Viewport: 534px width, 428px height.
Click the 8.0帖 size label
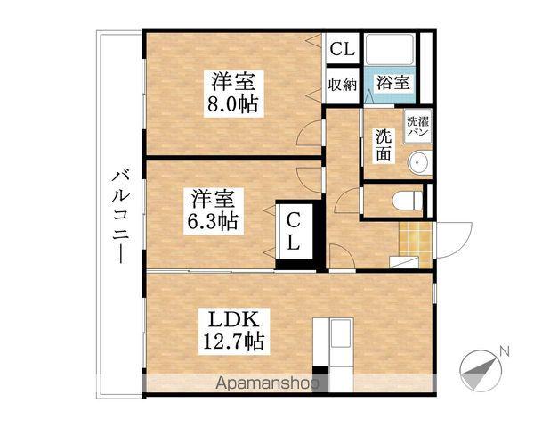[x=232, y=104]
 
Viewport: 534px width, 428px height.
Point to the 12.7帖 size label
[x=233, y=341]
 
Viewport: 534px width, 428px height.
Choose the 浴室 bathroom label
[x=392, y=84]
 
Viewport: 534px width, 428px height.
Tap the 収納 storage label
[x=343, y=85]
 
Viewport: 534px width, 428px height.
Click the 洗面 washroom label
[x=383, y=144]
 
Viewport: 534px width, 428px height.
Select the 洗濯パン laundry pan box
[x=417, y=126]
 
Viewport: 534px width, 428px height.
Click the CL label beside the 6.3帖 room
[x=294, y=230]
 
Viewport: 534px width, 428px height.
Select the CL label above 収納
[x=343, y=50]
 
